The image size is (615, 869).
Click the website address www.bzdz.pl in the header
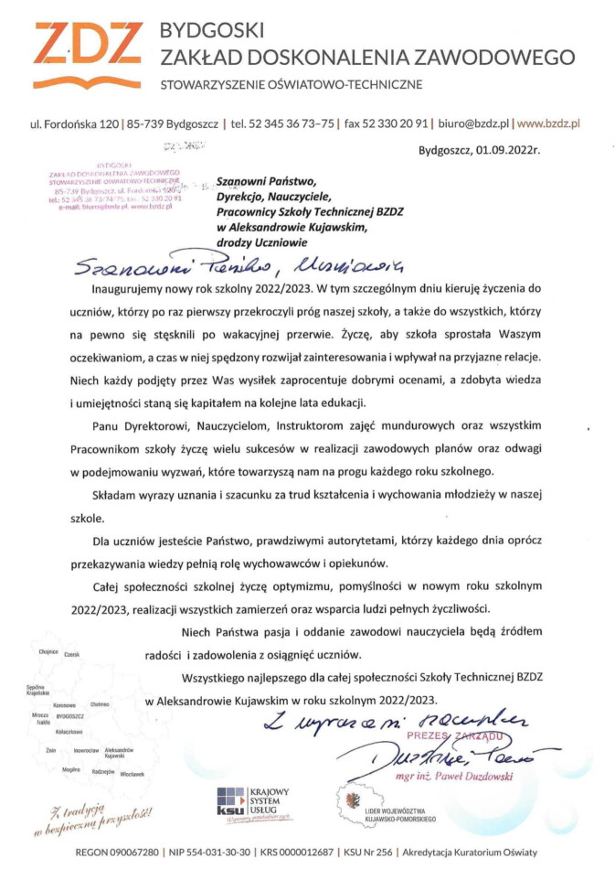coord(549,122)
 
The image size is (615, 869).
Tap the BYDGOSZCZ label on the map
coord(69,716)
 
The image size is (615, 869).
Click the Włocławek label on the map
coord(132,774)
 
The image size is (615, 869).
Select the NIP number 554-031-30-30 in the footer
coord(213,852)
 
